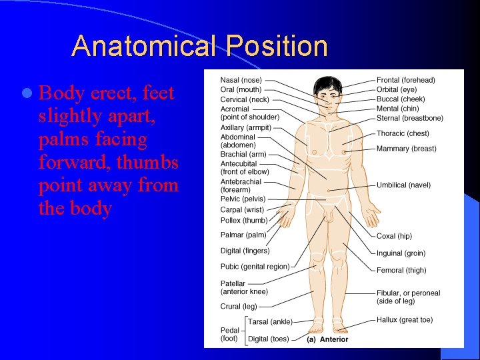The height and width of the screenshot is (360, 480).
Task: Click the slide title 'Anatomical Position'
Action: pyautogui.click(x=199, y=47)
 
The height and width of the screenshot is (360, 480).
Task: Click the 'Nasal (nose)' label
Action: pyautogui.click(x=241, y=80)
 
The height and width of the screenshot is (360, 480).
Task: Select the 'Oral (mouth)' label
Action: pyautogui.click(x=241, y=89)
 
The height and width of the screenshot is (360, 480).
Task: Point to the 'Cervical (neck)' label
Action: pyautogui.click(x=245, y=99)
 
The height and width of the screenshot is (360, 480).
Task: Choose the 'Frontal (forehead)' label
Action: pyautogui.click(x=405, y=80)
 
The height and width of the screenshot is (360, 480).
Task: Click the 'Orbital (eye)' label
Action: pyautogui.click(x=397, y=89)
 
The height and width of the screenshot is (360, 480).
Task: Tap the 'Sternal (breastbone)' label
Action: pyautogui.click(x=409, y=118)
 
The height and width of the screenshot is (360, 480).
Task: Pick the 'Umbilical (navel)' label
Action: pyautogui.click(x=403, y=185)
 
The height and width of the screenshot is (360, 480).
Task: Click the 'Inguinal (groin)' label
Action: pyautogui.click(x=401, y=253)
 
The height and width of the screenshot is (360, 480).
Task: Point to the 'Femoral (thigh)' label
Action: pyautogui.click(x=401, y=270)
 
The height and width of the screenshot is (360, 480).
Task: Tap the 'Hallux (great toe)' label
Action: pyautogui.click(x=404, y=320)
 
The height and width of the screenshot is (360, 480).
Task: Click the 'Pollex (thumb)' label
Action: pyautogui.click(x=243, y=220)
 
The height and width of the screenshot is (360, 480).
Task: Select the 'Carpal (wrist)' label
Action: pyautogui.click(x=241, y=209)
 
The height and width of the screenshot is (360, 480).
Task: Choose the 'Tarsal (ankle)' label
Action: pyautogui.click(x=270, y=322)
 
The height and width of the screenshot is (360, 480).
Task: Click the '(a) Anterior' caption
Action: pyautogui.click(x=327, y=339)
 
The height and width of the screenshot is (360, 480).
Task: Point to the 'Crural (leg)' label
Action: pyautogui.click(x=239, y=307)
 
